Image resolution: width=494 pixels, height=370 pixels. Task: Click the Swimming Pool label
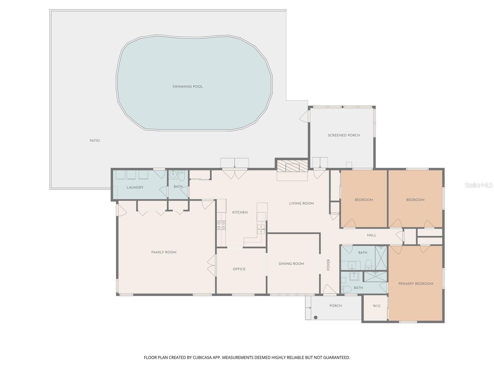pyautogui.click(x=187, y=87)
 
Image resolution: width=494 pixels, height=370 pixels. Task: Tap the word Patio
pyautogui.click(x=95, y=140)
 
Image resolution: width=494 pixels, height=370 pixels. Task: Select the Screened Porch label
pyautogui.click(x=344, y=135)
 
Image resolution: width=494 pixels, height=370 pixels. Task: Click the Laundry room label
pyautogui.click(x=135, y=187)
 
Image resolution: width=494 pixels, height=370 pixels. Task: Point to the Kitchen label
pyautogui.click(x=240, y=212)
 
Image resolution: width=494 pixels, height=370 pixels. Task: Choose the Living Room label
pyautogui.click(x=301, y=203)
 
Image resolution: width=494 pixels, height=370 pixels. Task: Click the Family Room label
pyautogui.click(x=164, y=252)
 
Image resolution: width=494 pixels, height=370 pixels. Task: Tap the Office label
pyautogui.click(x=239, y=269)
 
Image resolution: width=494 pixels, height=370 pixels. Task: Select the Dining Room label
pyautogui.click(x=291, y=264)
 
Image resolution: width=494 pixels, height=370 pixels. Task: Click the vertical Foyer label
pyautogui.click(x=328, y=265)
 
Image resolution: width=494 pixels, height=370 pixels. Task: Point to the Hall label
pyautogui.click(x=371, y=235)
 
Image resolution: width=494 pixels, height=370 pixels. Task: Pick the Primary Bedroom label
pyautogui.click(x=416, y=284)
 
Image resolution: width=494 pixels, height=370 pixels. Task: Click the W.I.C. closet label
pyautogui.click(x=377, y=306)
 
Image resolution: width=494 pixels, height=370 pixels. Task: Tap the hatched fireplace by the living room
pyautogui.click(x=292, y=166)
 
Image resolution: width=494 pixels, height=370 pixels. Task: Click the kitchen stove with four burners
pyautogui.click(x=221, y=225)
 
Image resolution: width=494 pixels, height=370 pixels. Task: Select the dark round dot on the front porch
pyautogui.click(x=316, y=318)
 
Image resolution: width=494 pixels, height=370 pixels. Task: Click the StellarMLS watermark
pyautogui.click(x=479, y=185)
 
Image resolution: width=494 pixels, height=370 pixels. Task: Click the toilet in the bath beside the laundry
pyautogui.click(x=182, y=175)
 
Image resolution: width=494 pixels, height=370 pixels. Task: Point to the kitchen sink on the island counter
pyautogui.click(x=261, y=229)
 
